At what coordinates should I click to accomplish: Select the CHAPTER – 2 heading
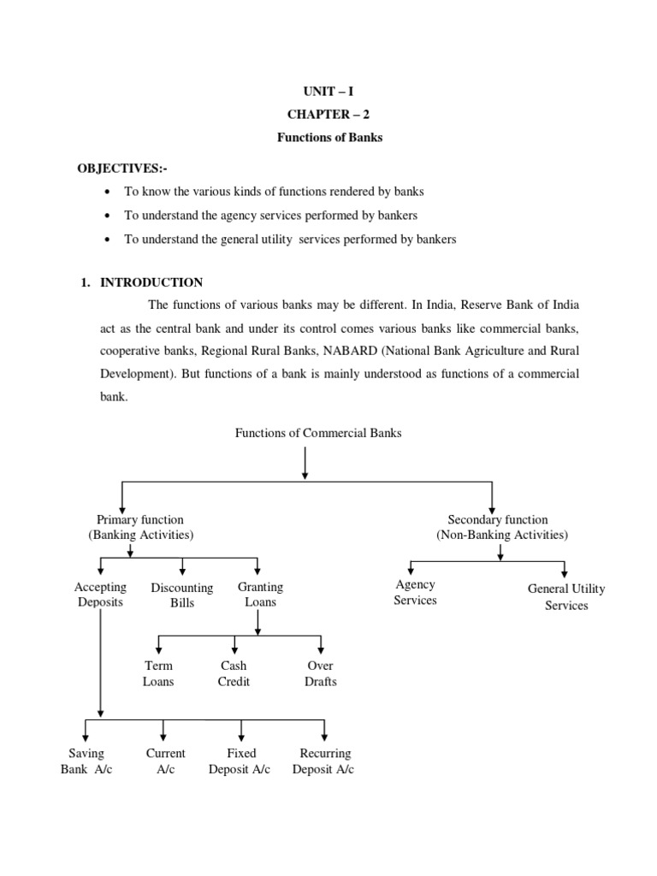pyautogui.click(x=328, y=115)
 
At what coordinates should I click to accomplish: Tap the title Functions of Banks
pyautogui.click(x=328, y=138)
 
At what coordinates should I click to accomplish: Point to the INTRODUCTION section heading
pyautogui.click(x=151, y=282)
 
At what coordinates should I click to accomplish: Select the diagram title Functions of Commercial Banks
pyautogui.click(x=318, y=433)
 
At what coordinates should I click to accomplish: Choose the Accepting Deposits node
pyautogui.click(x=100, y=595)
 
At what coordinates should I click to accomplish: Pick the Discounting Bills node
pyautogui.click(x=181, y=595)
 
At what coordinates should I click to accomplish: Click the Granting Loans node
pyautogui.click(x=260, y=595)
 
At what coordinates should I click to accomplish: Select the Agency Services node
pyautogui.click(x=415, y=592)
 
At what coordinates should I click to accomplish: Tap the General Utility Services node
pyautogui.click(x=566, y=597)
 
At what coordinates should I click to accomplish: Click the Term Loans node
pyautogui.click(x=158, y=673)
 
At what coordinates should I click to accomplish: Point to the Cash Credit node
pyautogui.click(x=234, y=673)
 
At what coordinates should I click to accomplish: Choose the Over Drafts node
pyautogui.click(x=321, y=673)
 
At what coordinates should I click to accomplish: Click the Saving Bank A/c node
pyautogui.click(x=86, y=761)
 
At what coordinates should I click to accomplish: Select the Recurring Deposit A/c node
pyautogui.click(x=324, y=761)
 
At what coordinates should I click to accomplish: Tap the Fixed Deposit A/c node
pyautogui.click(x=240, y=761)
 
